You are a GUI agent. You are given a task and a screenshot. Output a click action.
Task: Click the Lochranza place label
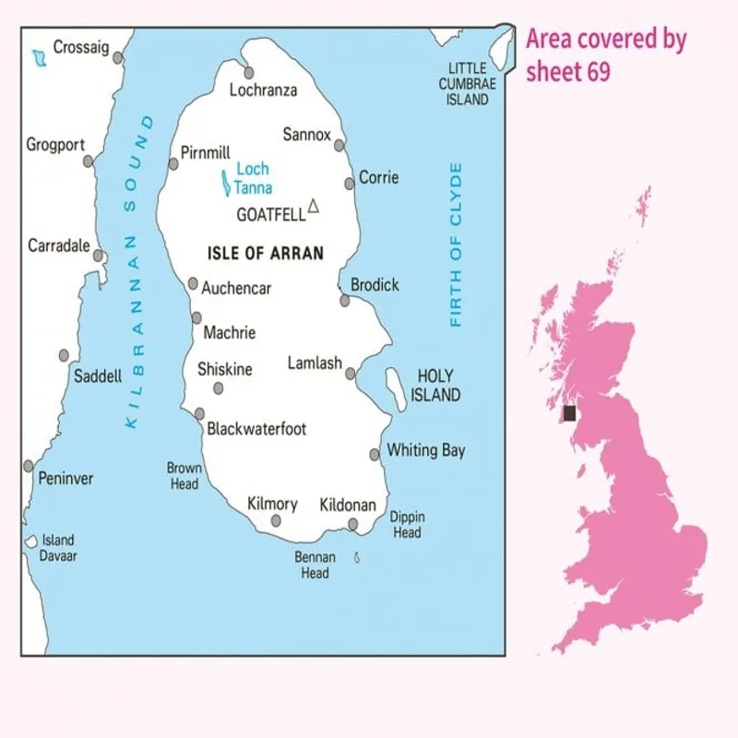coord(263,90)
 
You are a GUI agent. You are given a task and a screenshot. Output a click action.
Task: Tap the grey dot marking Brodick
coord(345,300)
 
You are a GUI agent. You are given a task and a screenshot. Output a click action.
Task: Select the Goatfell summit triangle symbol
coord(314,207)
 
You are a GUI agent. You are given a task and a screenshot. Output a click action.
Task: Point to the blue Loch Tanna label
coord(252,178)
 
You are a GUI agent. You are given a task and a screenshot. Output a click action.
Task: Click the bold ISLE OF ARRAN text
coord(266,252)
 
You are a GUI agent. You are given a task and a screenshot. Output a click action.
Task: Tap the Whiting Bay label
coord(425,451)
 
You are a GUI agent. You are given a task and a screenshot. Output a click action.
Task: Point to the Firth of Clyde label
coord(455,245)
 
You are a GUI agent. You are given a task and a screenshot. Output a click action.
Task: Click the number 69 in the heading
coord(598,72)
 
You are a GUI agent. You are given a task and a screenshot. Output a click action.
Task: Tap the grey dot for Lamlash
coord(351,374)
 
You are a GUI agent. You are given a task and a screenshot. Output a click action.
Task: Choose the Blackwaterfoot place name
coord(256,429)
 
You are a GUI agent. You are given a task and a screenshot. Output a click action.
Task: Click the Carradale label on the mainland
coord(59,245)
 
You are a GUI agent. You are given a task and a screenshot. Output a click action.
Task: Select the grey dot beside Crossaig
coord(118,58)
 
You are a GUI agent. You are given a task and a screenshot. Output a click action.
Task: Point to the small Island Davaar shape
coord(30,542)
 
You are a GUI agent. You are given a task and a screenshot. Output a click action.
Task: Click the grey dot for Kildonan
coord(353,525)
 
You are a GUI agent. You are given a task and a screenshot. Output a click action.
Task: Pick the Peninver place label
coord(65,479)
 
